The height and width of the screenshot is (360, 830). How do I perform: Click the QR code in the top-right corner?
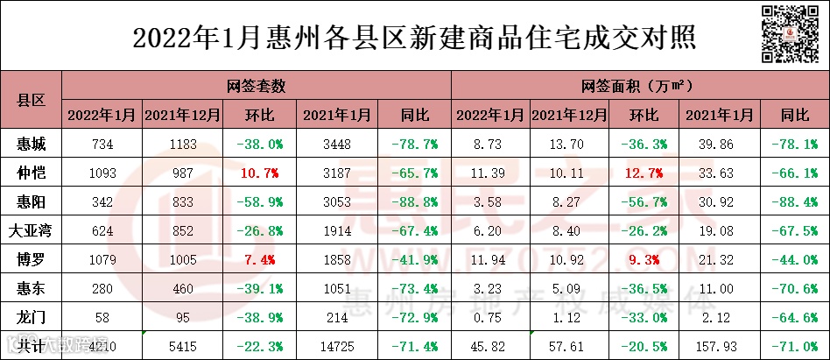click(x=792, y=34)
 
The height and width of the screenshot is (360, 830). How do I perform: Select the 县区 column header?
click(x=32, y=100)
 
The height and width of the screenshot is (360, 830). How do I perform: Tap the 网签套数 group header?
click(x=256, y=86)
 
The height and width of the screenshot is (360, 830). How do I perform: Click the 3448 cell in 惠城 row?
click(x=336, y=144)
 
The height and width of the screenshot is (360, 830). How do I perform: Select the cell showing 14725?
click(x=336, y=346)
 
